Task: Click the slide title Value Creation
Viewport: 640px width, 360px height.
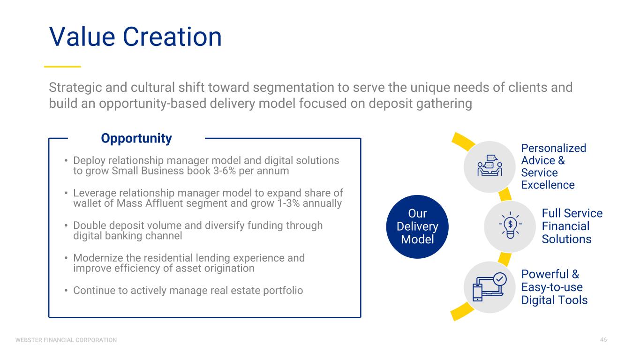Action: (136, 37)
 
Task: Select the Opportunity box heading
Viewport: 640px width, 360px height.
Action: (136, 138)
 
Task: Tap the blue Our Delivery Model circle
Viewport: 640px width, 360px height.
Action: (417, 226)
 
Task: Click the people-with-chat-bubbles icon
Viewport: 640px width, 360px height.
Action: (489, 165)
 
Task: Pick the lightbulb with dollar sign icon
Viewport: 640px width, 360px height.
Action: (510, 225)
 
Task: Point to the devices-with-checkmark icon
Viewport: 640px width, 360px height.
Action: (489, 286)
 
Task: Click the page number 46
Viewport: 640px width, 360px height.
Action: (603, 340)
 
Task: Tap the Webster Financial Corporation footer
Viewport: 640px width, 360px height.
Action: (66, 340)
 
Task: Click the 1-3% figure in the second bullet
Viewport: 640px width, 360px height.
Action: (288, 203)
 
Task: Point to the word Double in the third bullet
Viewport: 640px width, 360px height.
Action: (90, 225)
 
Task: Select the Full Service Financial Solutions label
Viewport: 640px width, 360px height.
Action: (572, 226)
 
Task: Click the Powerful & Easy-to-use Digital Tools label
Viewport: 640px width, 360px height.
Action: (554, 287)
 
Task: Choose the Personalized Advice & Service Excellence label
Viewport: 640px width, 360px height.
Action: (553, 166)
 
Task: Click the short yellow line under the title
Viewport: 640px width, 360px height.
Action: (62, 67)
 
